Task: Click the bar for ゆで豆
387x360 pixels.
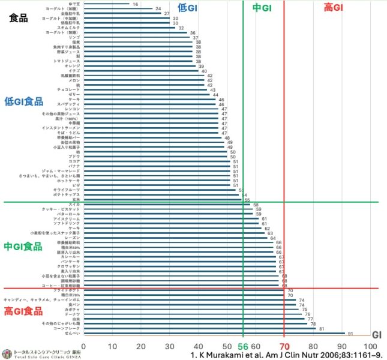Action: [106, 4]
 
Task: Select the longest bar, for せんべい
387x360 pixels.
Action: [214, 333]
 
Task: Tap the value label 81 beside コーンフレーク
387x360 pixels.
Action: [322, 328]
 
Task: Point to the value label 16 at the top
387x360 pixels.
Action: [135, 4]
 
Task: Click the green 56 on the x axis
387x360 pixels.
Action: [243, 346]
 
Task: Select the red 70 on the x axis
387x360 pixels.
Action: [284, 346]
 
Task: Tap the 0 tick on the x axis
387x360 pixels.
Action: [83, 346]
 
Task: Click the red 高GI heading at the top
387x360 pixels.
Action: [333, 7]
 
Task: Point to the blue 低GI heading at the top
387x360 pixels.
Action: [187, 7]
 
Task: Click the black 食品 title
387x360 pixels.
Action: [19, 18]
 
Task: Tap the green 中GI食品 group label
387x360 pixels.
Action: [23, 247]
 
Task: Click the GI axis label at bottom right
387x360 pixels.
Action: [377, 335]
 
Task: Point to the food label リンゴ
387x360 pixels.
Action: [74, 37]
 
